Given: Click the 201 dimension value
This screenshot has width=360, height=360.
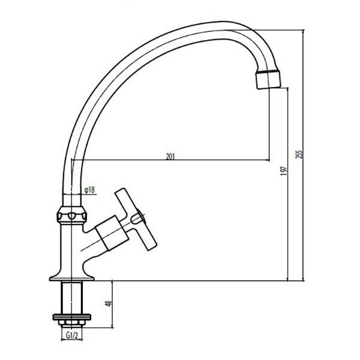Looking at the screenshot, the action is point(170,157).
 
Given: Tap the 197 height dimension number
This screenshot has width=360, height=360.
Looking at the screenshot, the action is point(284,171).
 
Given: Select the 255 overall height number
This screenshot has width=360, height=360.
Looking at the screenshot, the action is point(299,154).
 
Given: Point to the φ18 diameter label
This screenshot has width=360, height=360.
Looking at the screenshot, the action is point(89,190).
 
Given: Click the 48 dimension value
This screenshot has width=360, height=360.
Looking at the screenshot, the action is point(108,304).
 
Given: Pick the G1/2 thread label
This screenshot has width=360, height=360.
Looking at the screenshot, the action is point(72,335).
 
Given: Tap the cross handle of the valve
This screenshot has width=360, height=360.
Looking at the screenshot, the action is point(136,219).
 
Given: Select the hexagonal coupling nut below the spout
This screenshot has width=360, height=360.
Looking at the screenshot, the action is point(72,215).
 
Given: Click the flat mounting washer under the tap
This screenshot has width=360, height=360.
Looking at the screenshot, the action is point(72,317).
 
